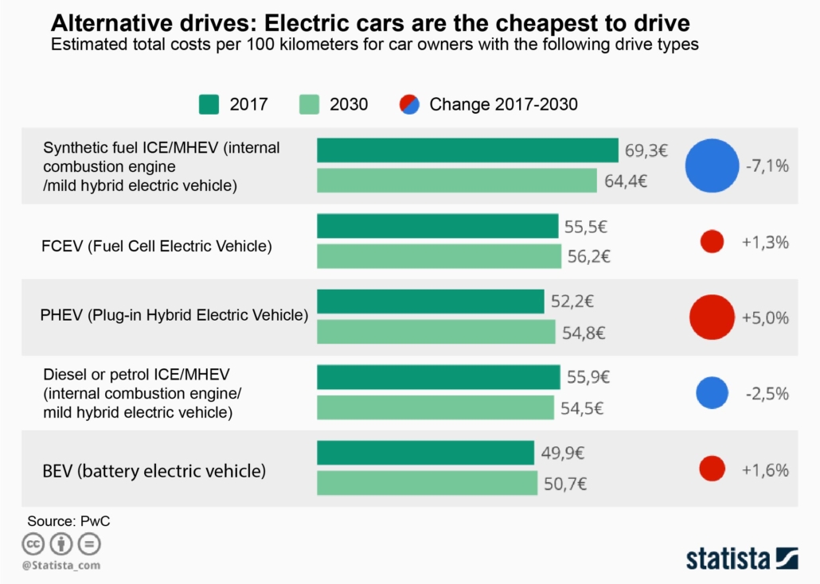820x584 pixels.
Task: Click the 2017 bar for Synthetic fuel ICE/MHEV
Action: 467,150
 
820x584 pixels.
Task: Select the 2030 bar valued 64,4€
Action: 457,181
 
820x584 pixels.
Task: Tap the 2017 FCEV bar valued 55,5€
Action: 438,226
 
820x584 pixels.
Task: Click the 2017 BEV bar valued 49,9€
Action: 425,453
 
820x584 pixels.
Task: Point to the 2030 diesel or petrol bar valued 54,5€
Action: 435,407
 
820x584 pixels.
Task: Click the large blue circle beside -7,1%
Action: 713,165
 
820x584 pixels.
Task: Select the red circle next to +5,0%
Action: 711,317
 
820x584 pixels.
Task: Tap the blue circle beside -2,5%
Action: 712,393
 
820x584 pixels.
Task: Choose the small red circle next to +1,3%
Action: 712,242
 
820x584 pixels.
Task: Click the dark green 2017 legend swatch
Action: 209,104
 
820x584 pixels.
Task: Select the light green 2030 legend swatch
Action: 309,104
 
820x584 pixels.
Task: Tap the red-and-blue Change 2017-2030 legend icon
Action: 408,104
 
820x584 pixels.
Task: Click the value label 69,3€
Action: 646,150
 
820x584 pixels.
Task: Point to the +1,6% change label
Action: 765,469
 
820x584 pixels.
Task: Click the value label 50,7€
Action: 567,484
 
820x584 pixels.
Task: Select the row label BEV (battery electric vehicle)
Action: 154,470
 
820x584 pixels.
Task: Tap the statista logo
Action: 741,558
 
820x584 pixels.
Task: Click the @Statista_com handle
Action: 61,565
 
